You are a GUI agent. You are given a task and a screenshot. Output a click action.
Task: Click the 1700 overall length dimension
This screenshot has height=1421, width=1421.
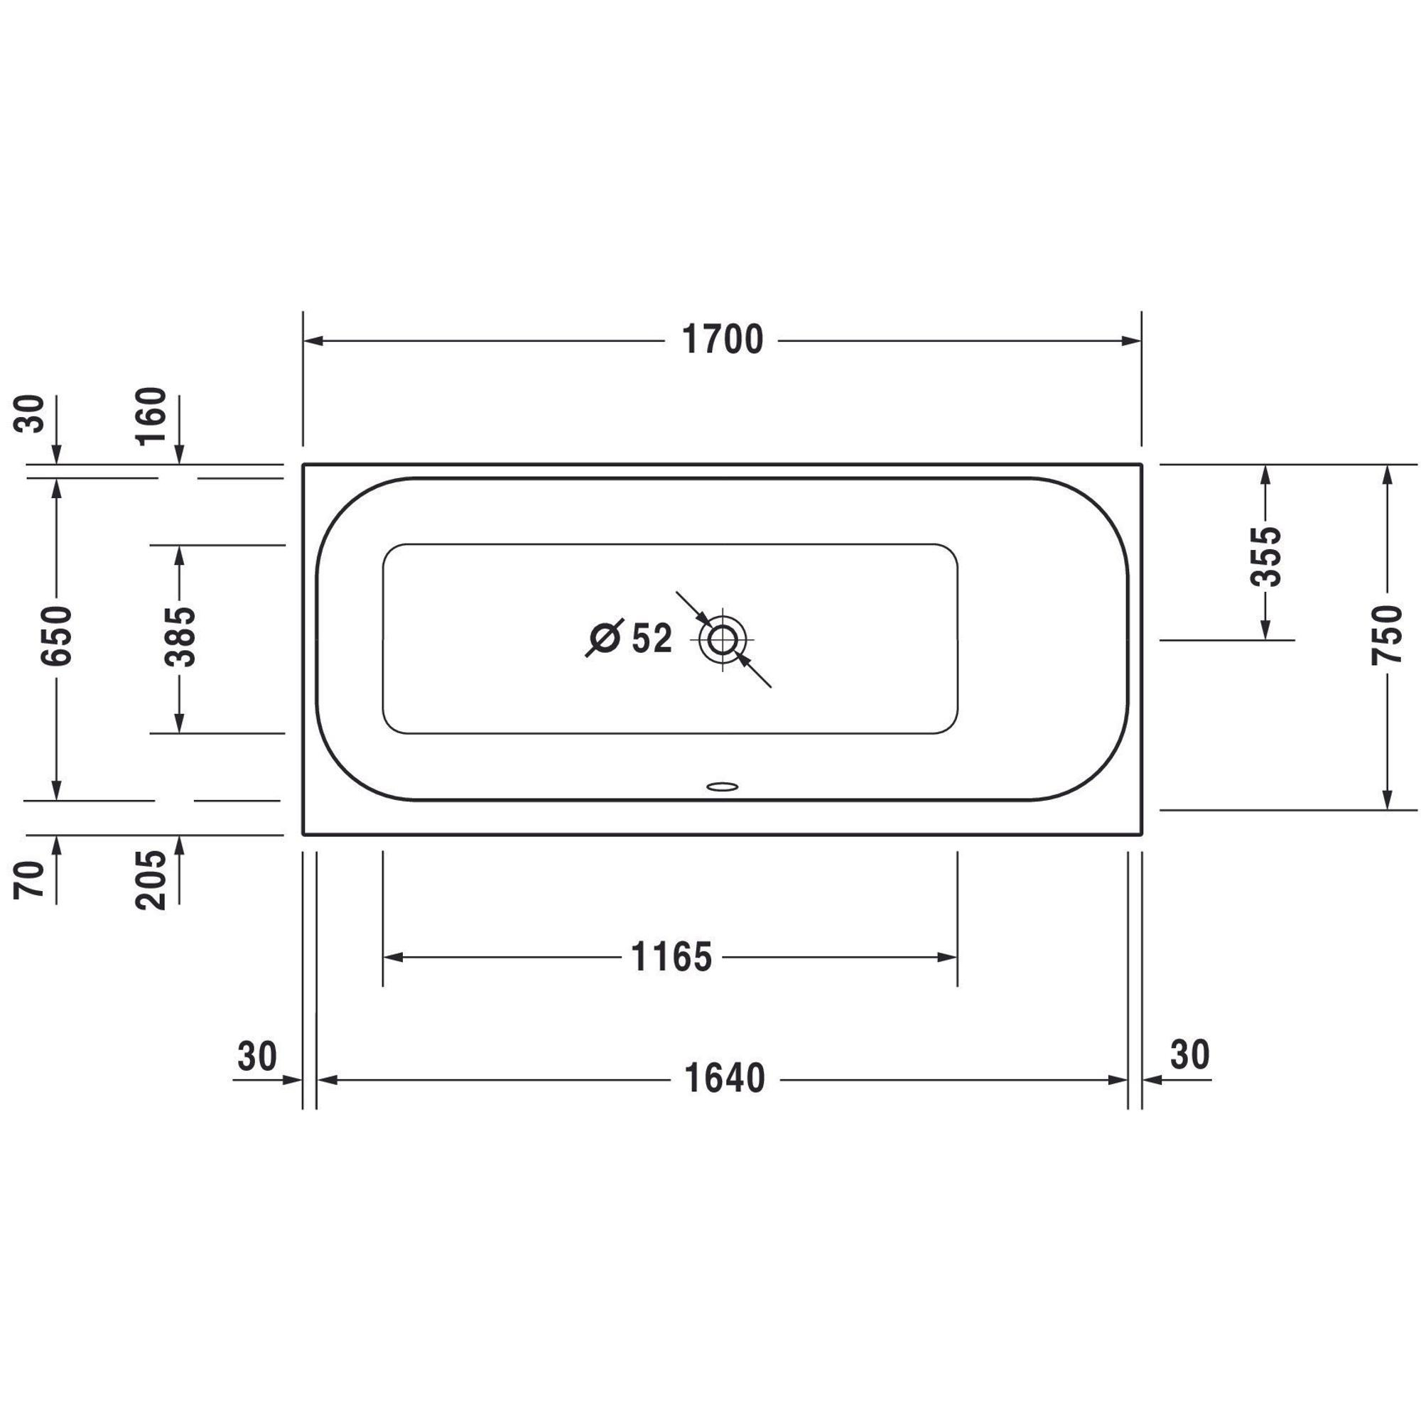(x=723, y=340)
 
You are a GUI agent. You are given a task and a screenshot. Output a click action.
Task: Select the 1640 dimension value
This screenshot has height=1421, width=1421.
(x=725, y=1079)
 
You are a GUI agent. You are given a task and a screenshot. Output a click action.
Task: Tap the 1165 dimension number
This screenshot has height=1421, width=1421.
(x=671, y=957)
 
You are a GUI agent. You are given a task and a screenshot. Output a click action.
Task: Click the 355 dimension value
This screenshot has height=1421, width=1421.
(x=1265, y=556)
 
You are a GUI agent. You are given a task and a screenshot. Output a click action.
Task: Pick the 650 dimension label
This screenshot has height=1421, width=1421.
(x=57, y=636)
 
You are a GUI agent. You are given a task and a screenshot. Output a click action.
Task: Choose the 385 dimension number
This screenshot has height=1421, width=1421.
(x=180, y=637)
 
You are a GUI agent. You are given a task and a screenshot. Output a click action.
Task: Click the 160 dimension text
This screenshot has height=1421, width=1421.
(x=151, y=416)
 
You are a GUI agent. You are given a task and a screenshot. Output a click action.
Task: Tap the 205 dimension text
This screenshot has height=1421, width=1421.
(x=151, y=880)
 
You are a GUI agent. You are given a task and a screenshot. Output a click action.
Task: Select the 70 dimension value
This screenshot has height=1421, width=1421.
(x=29, y=880)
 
